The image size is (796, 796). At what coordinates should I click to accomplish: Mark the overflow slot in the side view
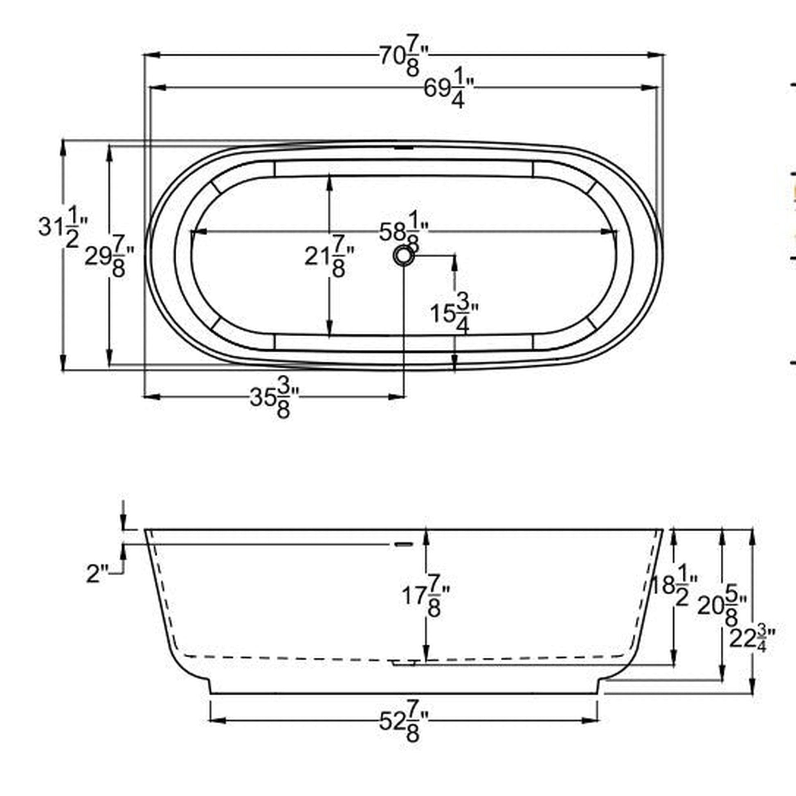coord(404,544)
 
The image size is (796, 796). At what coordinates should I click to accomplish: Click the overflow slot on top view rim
coord(403,147)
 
